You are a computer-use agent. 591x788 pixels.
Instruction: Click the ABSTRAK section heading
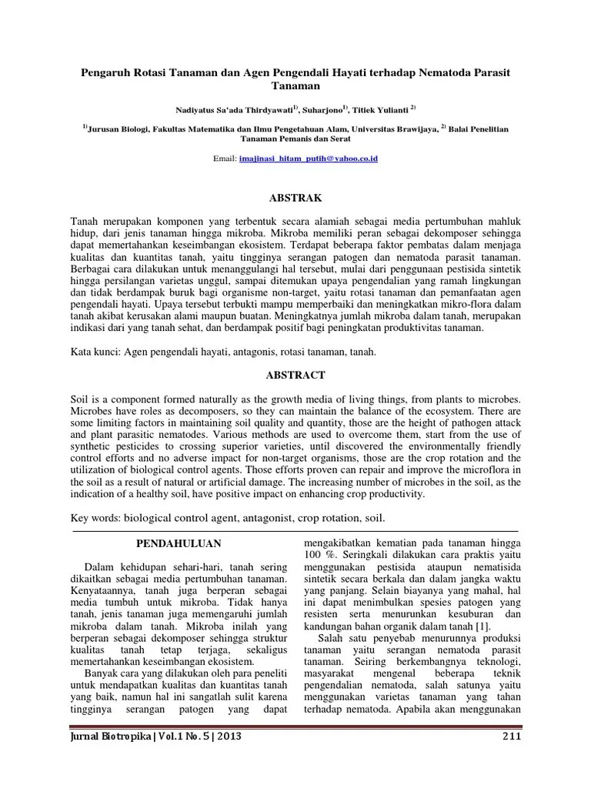click(295, 198)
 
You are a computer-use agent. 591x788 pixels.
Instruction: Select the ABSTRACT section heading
click(295, 376)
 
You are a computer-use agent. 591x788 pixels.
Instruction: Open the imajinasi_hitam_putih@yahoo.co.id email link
click(309, 158)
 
